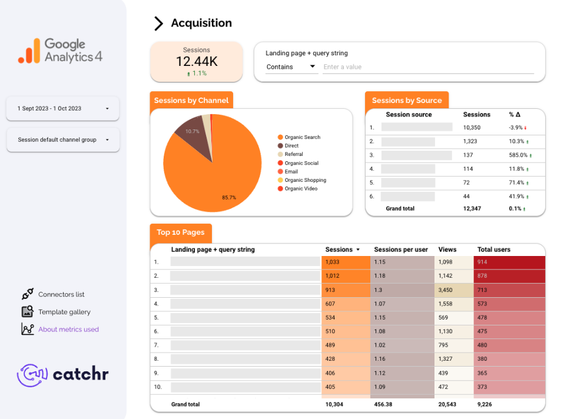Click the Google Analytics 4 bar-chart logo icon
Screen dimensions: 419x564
[29, 51]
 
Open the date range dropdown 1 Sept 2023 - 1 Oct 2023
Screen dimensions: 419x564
[62, 108]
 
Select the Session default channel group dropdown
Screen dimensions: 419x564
[62, 140]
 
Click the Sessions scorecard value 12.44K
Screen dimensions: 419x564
[196, 61]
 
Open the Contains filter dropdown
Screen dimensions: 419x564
[291, 67]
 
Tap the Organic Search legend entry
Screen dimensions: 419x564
[302, 137]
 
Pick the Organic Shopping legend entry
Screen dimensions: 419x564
[304, 180]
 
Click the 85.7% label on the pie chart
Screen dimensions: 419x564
[228, 198]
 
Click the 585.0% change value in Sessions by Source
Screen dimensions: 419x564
[518, 155]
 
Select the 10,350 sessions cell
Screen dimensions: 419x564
[473, 127]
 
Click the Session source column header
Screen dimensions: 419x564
[409, 115]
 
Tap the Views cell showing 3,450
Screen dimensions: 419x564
[446, 290]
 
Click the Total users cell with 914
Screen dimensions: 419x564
[482, 262]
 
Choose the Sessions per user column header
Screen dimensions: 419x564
[401, 250]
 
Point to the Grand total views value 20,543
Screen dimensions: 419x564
[448, 404]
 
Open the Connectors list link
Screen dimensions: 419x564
[61, 294]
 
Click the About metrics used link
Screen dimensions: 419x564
[68, 330]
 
